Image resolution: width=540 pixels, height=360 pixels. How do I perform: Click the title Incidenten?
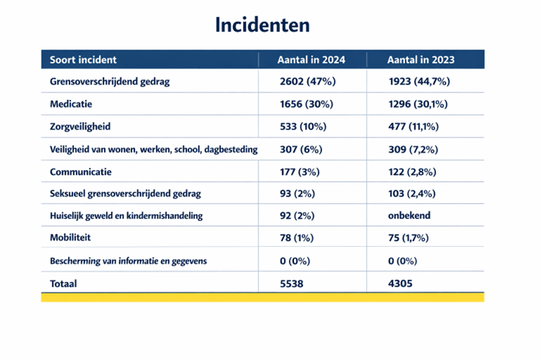262,25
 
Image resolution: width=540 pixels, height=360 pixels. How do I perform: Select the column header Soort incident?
83,60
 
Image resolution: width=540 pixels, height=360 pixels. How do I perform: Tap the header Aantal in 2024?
311,60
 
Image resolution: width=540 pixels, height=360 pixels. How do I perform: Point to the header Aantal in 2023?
421,60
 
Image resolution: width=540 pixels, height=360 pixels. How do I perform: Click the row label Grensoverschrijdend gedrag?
110,81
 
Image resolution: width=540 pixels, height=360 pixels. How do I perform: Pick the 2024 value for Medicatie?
307,104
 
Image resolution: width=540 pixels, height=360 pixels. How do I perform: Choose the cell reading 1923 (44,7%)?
420,81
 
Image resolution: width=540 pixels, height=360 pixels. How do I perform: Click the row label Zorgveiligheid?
81,126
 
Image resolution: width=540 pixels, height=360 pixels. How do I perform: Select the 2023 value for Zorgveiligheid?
414,126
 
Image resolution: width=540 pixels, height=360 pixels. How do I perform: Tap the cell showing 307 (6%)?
301,149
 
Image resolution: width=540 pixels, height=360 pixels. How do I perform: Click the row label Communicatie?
81,171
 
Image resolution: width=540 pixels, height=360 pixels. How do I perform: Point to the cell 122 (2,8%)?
412,171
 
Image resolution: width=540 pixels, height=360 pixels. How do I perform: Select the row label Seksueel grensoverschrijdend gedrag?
126,194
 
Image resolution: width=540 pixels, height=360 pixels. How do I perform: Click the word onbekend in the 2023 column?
409,215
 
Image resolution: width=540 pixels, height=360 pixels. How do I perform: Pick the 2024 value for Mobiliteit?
296,238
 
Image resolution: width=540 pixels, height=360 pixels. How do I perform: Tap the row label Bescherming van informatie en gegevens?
129,261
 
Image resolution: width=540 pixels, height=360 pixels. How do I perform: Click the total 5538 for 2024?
291,284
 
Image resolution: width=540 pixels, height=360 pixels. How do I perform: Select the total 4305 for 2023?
400,284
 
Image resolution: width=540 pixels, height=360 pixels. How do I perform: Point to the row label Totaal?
64,284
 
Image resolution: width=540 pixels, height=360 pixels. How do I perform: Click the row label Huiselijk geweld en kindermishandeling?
126,216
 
